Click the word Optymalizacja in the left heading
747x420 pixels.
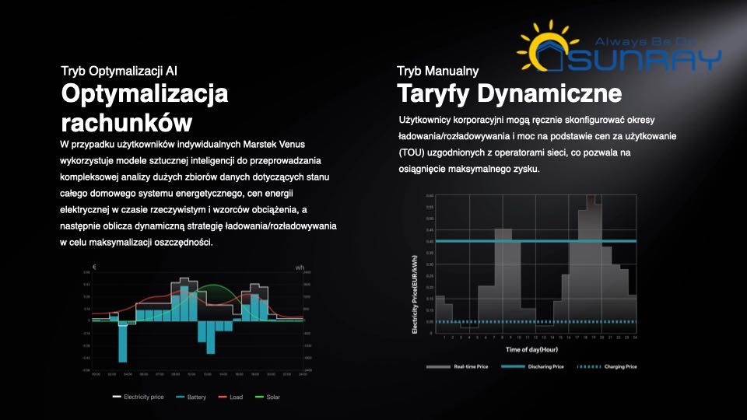pos(145,95)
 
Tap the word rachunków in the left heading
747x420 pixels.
pos(126,122)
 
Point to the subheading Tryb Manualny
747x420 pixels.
pos(437,72)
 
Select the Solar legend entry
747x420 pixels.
pos(268,397)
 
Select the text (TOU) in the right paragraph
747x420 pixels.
pos(411,152)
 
